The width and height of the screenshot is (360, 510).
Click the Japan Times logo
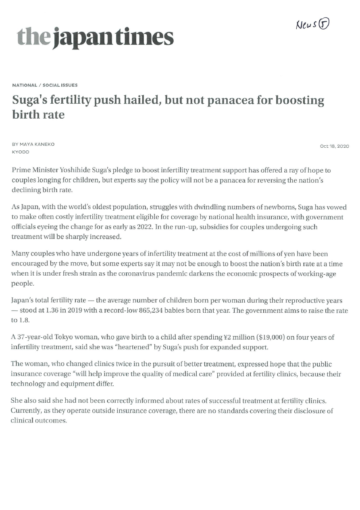[x=96, y=38]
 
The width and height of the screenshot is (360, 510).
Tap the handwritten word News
[x=306, y=26]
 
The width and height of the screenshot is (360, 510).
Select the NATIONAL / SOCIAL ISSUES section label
[x=45, y=85]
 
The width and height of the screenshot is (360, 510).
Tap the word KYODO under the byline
[x=21, y=152]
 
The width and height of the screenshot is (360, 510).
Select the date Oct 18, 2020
[x=334, y=146]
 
